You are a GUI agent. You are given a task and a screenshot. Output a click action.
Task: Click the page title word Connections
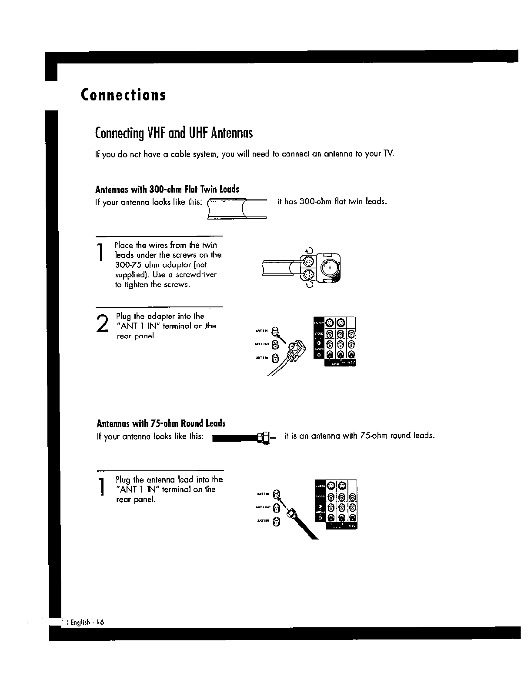point(123,95)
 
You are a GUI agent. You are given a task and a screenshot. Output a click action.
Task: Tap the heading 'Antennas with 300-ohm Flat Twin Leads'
point(167,190)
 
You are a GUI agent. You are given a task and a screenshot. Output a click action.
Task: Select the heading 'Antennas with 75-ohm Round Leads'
point(161,423)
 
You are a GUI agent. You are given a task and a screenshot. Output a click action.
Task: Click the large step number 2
point(102,324)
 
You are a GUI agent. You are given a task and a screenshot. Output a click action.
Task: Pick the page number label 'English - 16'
point(87,622)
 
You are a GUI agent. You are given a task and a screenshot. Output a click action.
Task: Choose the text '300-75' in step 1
point(127,265)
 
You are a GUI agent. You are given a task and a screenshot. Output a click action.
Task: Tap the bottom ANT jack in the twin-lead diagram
point(274,359)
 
